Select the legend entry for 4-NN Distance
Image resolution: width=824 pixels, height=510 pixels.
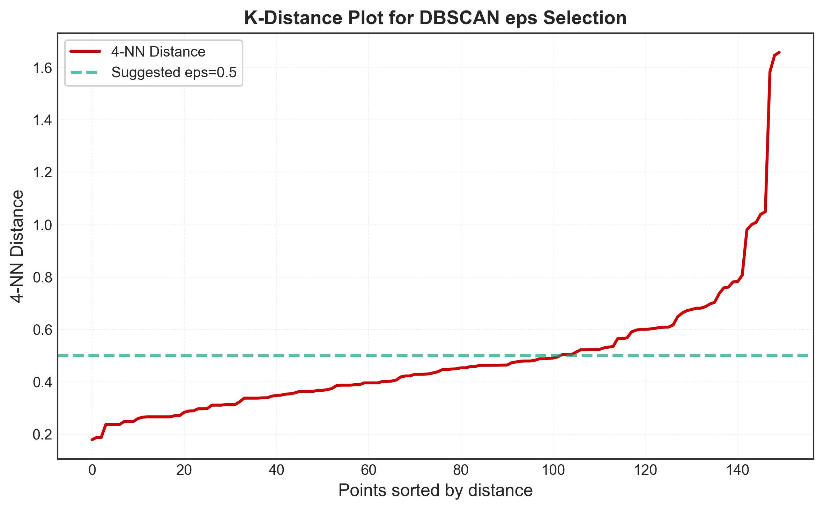tap(158, 52)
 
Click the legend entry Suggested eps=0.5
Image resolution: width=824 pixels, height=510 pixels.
tap(174, 72)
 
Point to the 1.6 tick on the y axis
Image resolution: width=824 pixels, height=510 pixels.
tap(42, 68)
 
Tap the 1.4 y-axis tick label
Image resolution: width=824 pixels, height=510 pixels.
tap(42, 120)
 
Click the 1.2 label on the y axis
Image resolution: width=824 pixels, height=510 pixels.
tap(42, 173)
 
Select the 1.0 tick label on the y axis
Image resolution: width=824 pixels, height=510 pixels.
tap(42, 225)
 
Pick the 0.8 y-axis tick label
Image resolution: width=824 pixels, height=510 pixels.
tap(42, 278)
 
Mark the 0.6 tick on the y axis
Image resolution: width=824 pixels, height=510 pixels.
tap(42, 330)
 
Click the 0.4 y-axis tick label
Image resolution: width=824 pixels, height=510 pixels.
tap(42, 382)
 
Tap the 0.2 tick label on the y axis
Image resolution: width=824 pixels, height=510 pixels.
tap(42, 435)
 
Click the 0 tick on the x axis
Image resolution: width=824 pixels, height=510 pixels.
tap(92, 470)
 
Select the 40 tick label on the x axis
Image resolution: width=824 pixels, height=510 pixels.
tap(276, 470)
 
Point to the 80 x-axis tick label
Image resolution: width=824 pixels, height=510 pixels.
tap(461, 470)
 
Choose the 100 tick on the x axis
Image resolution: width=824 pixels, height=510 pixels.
tap(553, 470)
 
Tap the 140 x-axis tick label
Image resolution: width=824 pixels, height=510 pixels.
tap(737, 470)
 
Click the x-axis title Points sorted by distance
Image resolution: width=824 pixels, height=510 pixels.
tap(435, 490)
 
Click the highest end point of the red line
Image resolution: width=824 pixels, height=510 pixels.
tap(779, 52)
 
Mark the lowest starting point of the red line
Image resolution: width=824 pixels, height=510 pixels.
tap(92, 440)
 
